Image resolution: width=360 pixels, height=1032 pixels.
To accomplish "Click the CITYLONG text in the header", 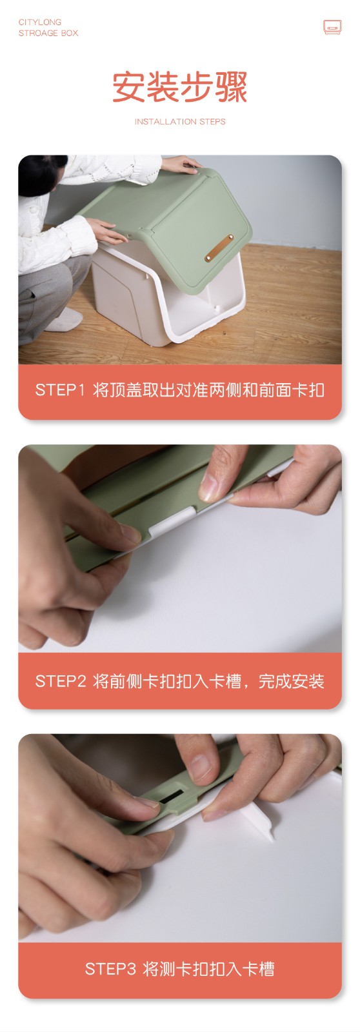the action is pyautogui.click(x=39, y=22).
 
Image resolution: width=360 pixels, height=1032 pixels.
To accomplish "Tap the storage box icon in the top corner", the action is pyautogui.click(x=332, y=27).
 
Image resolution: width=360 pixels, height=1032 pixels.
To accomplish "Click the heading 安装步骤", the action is pyautogui.click(x=180, y=86).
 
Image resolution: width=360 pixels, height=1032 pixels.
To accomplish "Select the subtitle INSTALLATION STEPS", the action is pyautogui.click(x=180, y=122).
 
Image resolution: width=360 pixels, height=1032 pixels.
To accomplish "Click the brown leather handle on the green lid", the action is pyautogui.click(x=219, y=248).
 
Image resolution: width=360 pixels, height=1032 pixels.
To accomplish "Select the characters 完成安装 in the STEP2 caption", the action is pyautogui.click(x=292, y=681).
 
